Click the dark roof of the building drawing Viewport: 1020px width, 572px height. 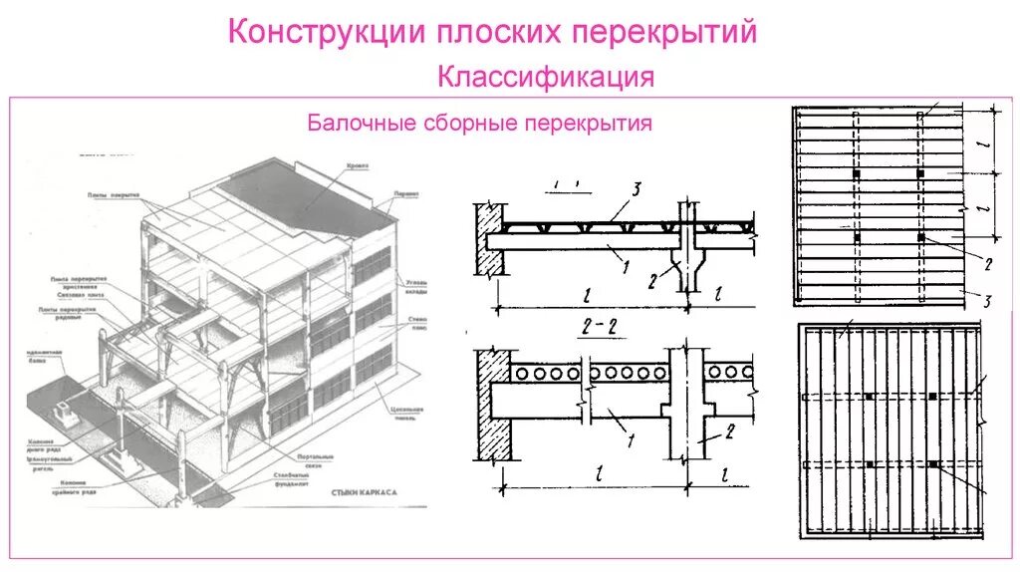(299, 199)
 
